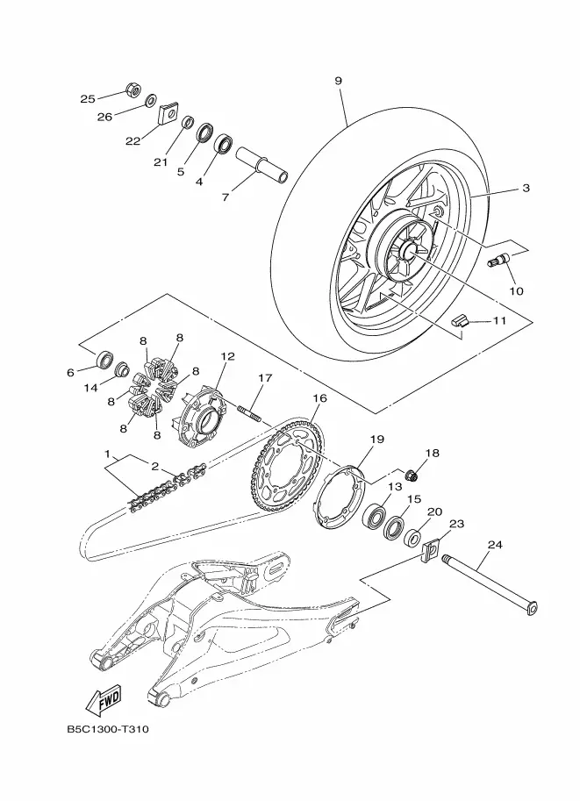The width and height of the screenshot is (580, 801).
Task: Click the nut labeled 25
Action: tap(133, 89)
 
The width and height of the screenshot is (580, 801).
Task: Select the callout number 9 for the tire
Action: tap(339, 81)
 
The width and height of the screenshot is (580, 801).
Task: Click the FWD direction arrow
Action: tap(104, 699)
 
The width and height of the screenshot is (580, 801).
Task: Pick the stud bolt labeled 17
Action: tap(249, 411)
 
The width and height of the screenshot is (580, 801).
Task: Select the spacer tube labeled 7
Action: tap(261, 164)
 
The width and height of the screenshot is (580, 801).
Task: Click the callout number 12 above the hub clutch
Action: tap(228, 356)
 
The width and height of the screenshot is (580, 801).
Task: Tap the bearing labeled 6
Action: tap(105, 359)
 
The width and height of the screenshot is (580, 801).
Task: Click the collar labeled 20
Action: tap(412, 538)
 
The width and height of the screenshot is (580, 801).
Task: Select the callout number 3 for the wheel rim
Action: tap(526, 188)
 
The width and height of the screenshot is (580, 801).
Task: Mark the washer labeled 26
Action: tap(151, 100)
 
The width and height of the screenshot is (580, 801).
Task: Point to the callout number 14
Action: tap(90, 389)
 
